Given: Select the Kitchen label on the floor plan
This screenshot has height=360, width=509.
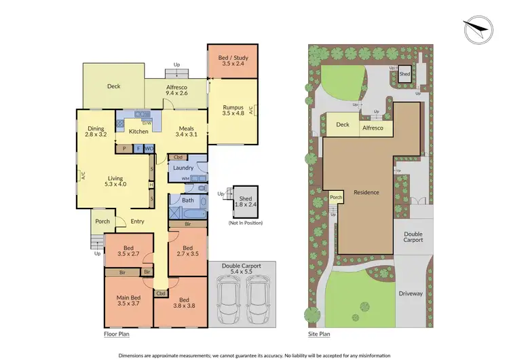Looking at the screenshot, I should [x=138, y=131].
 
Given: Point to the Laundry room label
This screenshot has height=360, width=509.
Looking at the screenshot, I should [x=183, y=168].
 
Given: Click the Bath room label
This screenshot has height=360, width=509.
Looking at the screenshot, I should [x=188, y=200].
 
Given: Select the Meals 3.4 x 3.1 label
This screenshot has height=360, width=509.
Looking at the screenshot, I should [x=187, y=131].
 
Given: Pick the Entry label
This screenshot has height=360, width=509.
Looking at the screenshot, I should [x=138, y=221].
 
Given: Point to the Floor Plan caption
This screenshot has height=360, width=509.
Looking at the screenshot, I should [x=116, y=334].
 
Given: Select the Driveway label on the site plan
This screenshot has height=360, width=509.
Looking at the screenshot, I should [x=411, y=293].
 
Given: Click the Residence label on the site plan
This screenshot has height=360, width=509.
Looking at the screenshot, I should [x=366, y=192].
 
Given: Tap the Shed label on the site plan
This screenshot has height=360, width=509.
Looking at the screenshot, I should [x=404, y=74].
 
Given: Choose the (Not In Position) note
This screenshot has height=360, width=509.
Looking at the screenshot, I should [x=245, y=223].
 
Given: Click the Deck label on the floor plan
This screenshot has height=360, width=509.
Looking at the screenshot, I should [x=113, y=87].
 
